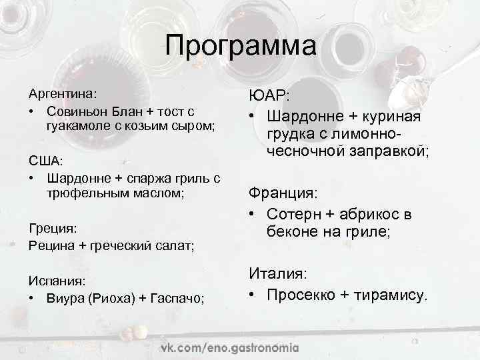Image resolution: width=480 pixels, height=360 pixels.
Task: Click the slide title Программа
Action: [241, 47]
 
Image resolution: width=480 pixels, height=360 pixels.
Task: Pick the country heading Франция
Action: [283, 193]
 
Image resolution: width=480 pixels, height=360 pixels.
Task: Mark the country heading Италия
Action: [278, 273]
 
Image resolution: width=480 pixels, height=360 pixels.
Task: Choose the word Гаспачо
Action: [178, 298]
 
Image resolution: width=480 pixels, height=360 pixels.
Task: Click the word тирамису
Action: [394, 295]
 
